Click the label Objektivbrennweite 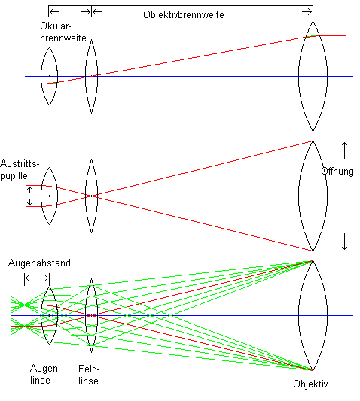184,14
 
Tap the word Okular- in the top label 55,26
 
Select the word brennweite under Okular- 63,38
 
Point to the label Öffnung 337,171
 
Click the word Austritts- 20,164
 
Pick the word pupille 14,176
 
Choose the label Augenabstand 39,263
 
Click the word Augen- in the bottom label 45,369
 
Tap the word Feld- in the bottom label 89,369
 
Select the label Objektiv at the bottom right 310,384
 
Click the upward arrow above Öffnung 345,150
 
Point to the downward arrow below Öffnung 345,242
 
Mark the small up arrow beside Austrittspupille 30,190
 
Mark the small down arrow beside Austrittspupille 30,202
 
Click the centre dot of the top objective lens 313,76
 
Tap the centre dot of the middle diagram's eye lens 49,196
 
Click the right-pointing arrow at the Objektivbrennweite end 307,11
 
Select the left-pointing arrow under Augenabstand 29,278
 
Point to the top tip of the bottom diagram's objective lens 313,260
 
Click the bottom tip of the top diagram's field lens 91,113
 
